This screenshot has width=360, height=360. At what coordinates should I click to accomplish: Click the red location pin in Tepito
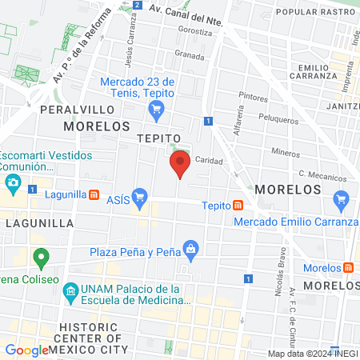180,163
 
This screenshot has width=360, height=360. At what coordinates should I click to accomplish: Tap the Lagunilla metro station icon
94,194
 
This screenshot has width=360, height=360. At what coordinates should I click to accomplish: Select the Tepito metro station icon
238,205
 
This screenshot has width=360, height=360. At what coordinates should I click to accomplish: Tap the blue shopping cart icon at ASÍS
140,195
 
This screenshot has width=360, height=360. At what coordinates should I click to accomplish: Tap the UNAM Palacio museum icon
70,289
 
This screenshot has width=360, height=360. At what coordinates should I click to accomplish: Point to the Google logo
26,350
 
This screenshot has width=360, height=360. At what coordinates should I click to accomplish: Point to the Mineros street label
286,151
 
